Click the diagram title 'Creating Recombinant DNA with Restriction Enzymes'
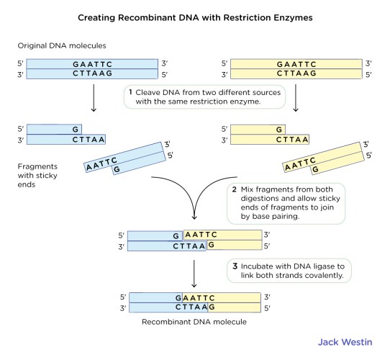[194, 16]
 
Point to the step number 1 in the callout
[130, 92]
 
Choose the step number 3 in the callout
[235, 266]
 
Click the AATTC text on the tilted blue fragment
[101, 165]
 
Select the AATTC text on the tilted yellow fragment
[300, 165]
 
